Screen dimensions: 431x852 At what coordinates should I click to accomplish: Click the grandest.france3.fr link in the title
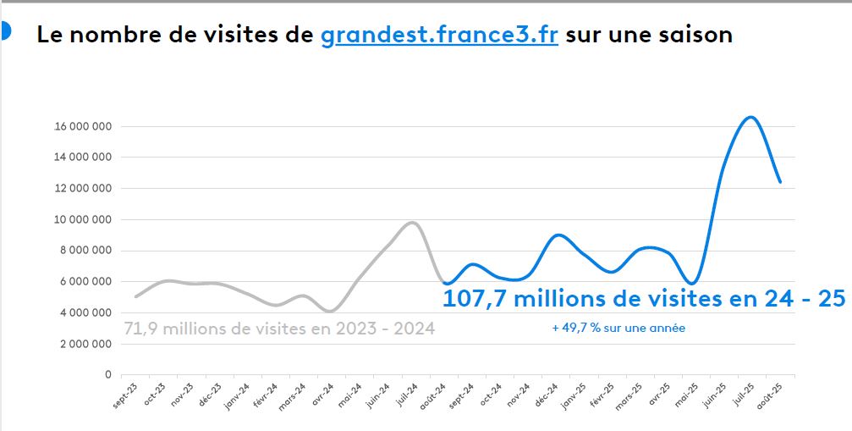coord(439,36)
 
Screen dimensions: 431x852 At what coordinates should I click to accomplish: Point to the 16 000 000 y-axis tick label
coord(83,127)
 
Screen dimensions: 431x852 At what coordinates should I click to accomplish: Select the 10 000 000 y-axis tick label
coord(83,220)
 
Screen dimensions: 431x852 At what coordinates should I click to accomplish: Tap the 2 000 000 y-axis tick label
coord(85,344)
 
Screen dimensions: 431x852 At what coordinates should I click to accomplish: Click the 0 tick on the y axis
coord(108,374)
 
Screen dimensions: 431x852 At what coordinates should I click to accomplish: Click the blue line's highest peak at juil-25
coord(750,117)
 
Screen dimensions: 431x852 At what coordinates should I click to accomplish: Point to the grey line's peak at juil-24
coord(412,223)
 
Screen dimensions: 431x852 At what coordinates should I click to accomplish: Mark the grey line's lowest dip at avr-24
coord(331,311)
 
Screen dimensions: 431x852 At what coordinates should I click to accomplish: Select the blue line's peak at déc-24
coord(558,235)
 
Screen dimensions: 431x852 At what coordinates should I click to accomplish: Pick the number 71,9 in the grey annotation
coord(143,329)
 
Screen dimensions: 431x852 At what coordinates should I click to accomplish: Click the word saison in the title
coord(692,36)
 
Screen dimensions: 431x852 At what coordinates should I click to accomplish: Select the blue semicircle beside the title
coord(5,31)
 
